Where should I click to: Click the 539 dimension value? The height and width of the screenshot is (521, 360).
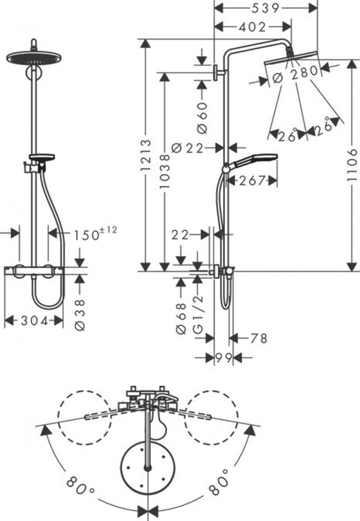[x=265, y=8]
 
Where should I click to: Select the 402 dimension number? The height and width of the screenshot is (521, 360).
[x=253, y=27]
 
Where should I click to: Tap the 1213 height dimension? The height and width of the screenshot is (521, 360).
[x=146, y=156]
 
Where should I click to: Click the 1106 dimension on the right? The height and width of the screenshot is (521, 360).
[x=351, y=165]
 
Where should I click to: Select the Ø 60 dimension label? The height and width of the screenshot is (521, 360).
[x=202, y=118]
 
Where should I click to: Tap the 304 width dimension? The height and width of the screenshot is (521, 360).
[x=35, y=321]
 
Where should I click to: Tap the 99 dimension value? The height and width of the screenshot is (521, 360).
[x=223, y=358]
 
